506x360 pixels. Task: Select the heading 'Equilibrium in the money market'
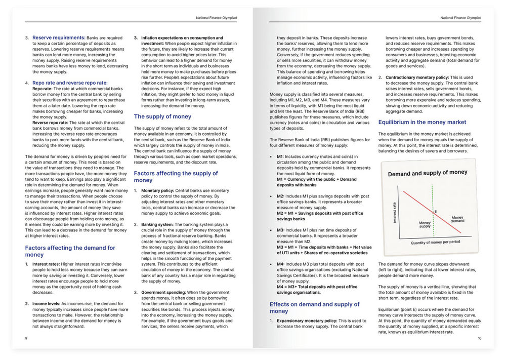coord(423,122)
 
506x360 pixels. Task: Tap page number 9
coord(26,338)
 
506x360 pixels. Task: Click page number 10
coord(479,338)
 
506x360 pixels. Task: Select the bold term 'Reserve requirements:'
coord(59,38)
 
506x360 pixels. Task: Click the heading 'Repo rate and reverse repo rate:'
coord(70,82)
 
